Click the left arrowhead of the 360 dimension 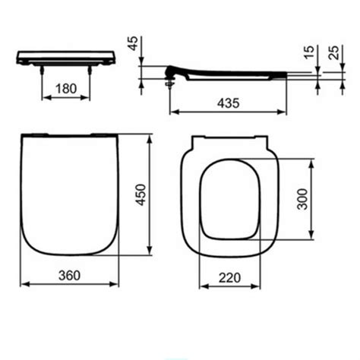[x=21, y=284]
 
